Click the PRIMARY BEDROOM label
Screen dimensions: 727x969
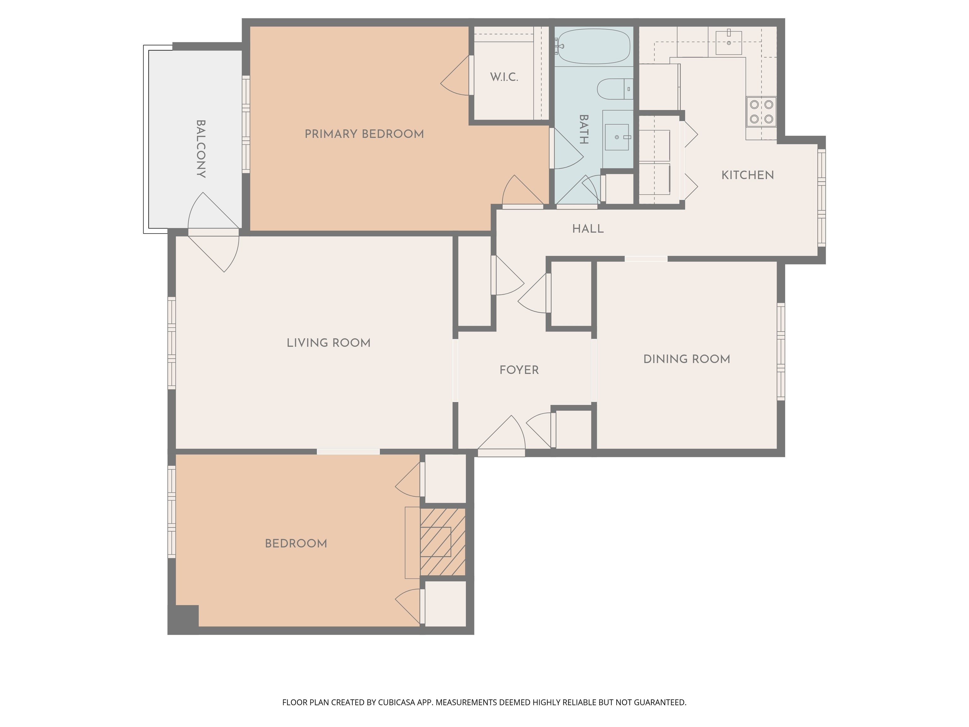point(364,134)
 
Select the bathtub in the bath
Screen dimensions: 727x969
point(594,46)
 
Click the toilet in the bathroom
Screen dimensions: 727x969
point(614,89)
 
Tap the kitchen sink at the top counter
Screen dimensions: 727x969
point(729,43)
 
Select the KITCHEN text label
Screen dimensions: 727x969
point(747,175)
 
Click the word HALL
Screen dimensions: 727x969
point(588,229)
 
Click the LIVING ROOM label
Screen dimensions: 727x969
point(329,343)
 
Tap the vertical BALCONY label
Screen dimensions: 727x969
point(201,149)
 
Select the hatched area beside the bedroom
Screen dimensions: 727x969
point(443,542)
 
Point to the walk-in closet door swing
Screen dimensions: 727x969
point(455,77)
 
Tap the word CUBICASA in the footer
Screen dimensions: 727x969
point(396,702)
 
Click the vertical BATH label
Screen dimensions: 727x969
point(584,129)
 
